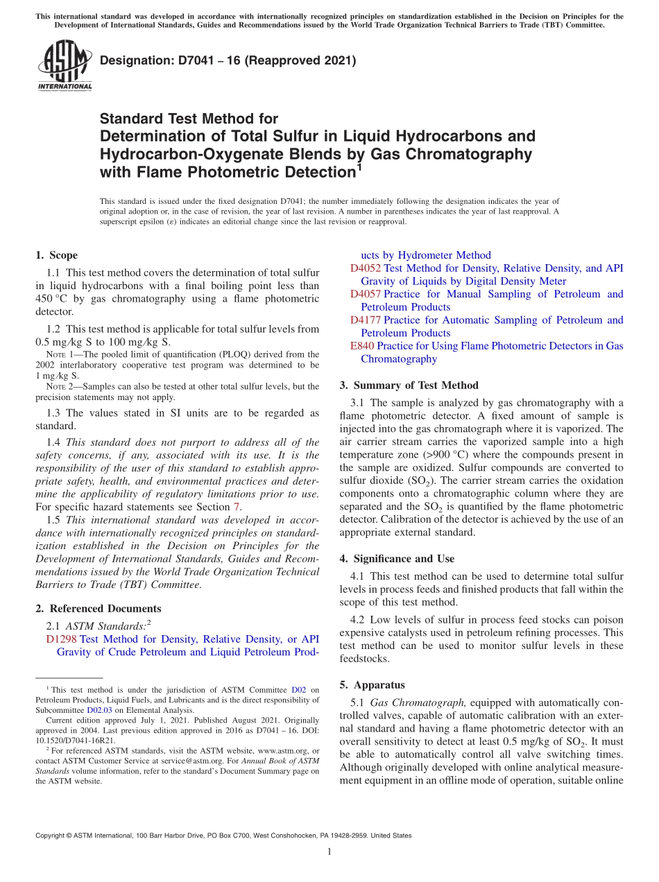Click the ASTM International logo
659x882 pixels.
point(64,66)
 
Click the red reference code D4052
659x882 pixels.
point(366,268)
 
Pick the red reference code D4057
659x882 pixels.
point(366,294)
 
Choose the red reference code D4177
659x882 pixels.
point(366,320)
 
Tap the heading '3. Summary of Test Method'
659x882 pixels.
point(409,386)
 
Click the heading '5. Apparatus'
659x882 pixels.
point(372,685)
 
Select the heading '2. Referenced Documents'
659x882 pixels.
point(98,609)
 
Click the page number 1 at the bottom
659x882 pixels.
point(329,851)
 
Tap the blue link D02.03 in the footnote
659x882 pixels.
point(97,710)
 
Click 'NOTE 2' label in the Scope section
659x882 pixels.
point(55,386)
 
